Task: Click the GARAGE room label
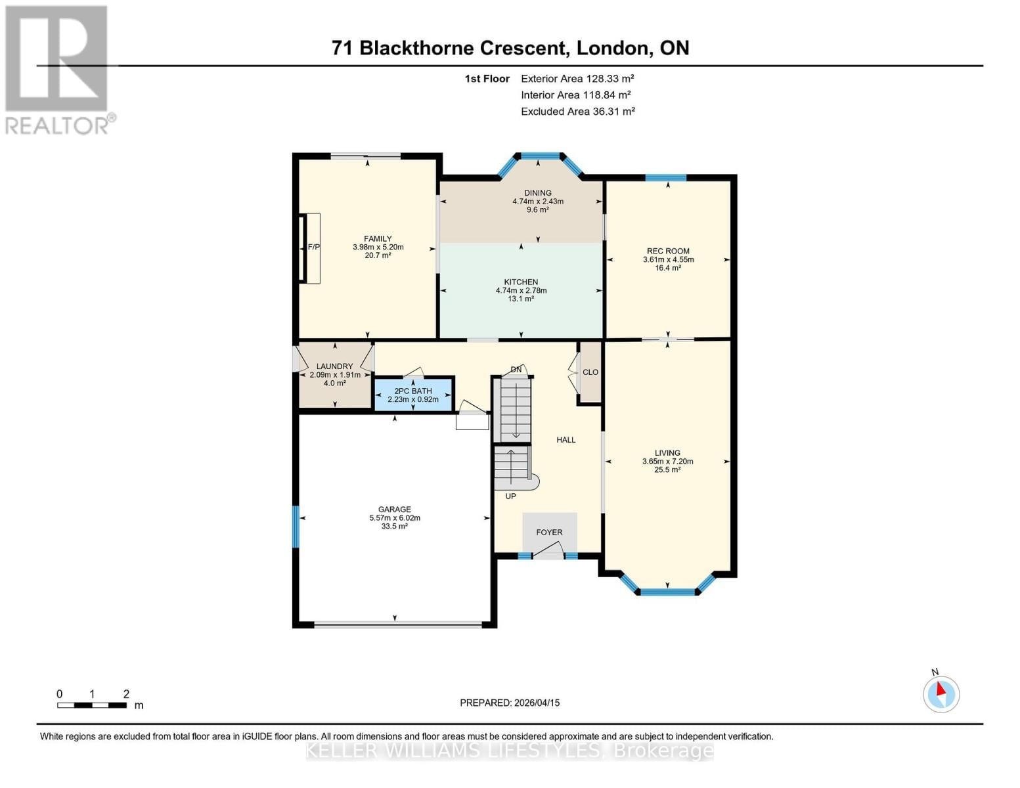point(394,510)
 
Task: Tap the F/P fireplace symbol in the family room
point(313,248)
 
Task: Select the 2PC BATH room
point(413,395)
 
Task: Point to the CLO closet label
point(590,372)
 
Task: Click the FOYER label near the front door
point(549,533)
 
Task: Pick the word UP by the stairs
point(510,496)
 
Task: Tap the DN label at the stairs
point(516,370)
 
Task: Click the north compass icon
point(941,693)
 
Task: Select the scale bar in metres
point(92,705)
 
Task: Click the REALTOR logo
point(58,70)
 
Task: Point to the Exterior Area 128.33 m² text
point(577,78)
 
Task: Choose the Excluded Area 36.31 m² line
point(577,112)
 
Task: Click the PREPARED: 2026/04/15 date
point(510,703)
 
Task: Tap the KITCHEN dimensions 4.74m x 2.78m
point(521,290)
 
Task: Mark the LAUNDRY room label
point(334,366)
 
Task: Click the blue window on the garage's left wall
point(296,526)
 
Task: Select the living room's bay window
point(667,592)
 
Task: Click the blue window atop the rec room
point(665,177)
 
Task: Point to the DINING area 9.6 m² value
point(537,210)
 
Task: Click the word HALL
point(565,440)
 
